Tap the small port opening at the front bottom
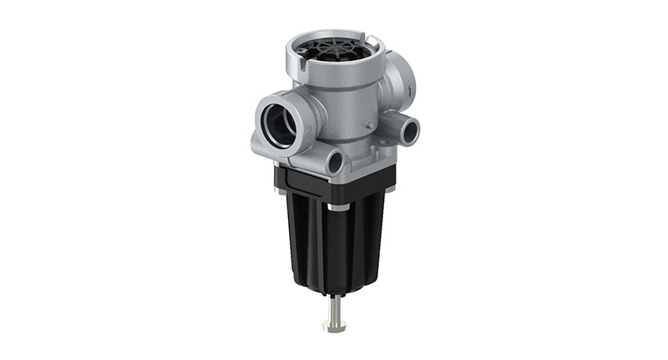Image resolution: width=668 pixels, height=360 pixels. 336,162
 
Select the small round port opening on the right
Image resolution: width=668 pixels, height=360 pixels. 408,130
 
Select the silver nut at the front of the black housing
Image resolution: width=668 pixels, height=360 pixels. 338,205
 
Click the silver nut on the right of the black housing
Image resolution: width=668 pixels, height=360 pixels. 389,189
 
